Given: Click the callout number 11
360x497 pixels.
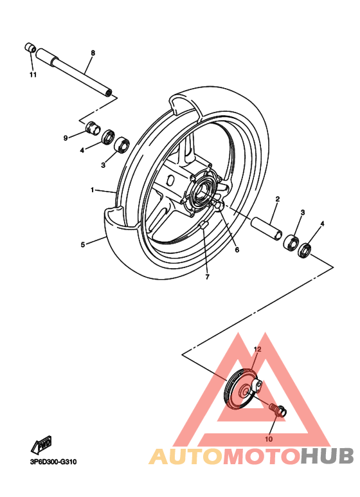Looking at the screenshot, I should click(33, 75).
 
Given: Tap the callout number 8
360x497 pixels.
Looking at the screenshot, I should click(93, 52).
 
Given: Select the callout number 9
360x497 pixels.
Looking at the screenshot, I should click(66, 138).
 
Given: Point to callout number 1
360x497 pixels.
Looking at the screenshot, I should click(93, 190).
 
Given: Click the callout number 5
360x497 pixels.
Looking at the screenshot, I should click(83, 244).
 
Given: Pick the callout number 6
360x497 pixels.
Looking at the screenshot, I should click(237, 249).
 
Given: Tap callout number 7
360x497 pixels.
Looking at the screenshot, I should click(208, 277).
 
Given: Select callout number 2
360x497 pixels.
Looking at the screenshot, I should click(277, 199).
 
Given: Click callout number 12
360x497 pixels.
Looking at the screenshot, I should click(256, 349).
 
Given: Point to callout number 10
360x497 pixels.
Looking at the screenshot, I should click(269, 439).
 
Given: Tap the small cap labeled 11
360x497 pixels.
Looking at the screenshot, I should click(29, 48).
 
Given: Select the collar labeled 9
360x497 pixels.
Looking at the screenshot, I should click(93, 129).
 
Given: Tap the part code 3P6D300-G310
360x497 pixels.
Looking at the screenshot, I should click(53, 462).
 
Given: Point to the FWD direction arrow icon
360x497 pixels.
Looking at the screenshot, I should click(42, 444).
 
